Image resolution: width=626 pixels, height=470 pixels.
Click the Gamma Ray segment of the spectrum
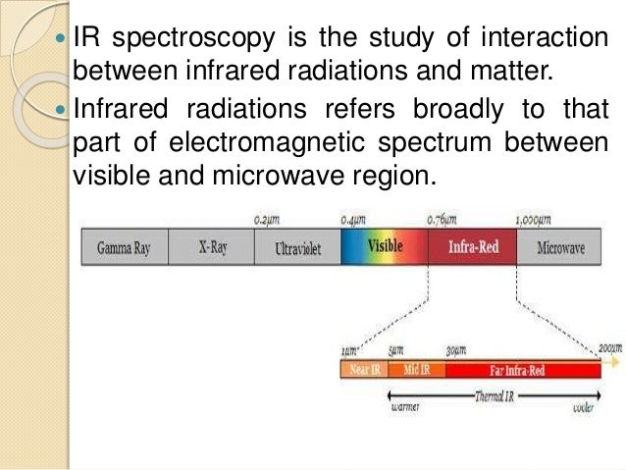tap(124, 248)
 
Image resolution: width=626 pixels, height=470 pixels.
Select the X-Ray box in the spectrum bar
tap(213, 248)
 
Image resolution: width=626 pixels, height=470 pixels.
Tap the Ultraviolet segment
tap(298, 248)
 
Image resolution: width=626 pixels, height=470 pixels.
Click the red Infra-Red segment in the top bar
tap(473, 247)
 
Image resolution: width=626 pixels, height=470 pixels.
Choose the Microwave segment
tap(561, 248)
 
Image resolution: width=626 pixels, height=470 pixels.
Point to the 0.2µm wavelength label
tap(268, 220)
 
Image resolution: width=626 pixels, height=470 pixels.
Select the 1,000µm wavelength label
tap(533, 220)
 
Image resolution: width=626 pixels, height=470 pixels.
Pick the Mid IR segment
tap(416, 370)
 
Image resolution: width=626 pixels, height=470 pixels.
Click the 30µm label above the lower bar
tap(456, 350)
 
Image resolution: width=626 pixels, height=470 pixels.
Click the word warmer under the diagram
tap(405, 409)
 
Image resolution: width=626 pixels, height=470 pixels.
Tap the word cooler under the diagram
tap(583, 409)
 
